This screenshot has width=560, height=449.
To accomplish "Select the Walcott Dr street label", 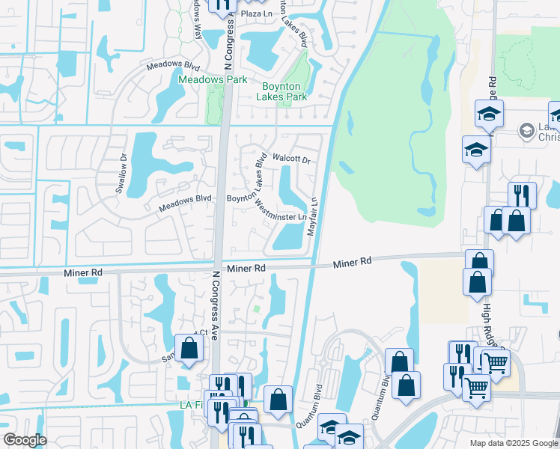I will [291, 159].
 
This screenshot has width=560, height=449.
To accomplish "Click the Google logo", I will [25, 440].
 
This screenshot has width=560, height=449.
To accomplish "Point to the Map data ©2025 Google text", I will [513, 443].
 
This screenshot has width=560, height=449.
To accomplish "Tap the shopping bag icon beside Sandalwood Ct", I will [189, 347].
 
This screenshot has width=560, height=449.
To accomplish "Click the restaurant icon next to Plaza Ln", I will [222, 5].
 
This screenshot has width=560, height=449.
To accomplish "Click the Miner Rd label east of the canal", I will [352, 263].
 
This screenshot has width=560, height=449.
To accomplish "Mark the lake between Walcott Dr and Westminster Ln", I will [287, 184].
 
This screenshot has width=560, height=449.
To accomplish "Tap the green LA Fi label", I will [190, 405].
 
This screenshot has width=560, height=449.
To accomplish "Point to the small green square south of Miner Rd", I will [258, 308].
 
